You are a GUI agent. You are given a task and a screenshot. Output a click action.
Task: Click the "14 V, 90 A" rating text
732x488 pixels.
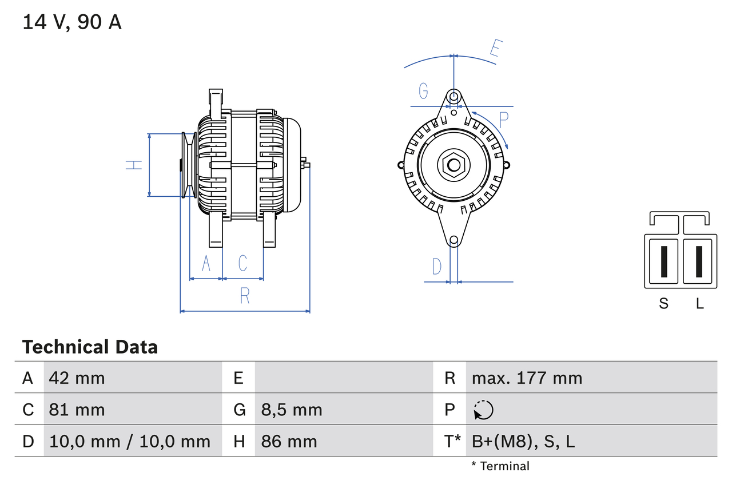click(72, 22)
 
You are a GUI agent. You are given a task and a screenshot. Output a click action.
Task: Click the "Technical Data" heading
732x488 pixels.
click(90, 347)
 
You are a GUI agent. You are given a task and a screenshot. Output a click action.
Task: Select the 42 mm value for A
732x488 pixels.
click(77, 378)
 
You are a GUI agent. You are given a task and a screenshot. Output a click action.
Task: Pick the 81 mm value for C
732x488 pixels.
click(77, 410)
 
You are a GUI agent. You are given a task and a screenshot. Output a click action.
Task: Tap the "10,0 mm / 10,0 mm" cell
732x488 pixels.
click(130, 442)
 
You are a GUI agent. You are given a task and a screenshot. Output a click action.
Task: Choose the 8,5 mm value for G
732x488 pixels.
click(292, 410)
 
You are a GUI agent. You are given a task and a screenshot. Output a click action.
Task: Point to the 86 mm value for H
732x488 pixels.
click(289, 442)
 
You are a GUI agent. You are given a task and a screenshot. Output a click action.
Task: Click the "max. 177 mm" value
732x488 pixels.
click(527, 378)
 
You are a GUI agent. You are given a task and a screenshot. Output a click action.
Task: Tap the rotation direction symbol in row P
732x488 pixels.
click(483, 410)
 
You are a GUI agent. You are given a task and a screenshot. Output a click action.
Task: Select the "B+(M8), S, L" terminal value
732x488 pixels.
click(523, 442)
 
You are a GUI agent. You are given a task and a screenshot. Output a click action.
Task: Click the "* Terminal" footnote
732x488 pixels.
click(500, 466)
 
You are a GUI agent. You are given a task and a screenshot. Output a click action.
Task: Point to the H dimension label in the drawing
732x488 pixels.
click(134, 165)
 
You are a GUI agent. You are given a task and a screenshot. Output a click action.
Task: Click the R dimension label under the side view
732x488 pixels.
click(245, 295)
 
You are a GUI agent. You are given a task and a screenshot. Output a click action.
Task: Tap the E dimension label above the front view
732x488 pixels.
click(495, 49)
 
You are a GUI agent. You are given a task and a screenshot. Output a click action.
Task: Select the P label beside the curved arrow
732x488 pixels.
click(503, 120)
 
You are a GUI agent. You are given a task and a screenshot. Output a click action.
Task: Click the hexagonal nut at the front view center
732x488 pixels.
click(453, 166)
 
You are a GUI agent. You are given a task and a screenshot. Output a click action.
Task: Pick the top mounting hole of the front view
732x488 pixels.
click(453, 96)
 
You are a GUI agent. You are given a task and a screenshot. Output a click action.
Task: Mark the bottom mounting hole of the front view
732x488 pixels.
click(453, 241)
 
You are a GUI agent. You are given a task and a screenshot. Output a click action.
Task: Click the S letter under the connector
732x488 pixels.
click(663, 304)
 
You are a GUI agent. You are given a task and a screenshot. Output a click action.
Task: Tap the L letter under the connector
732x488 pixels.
click(699, 304)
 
